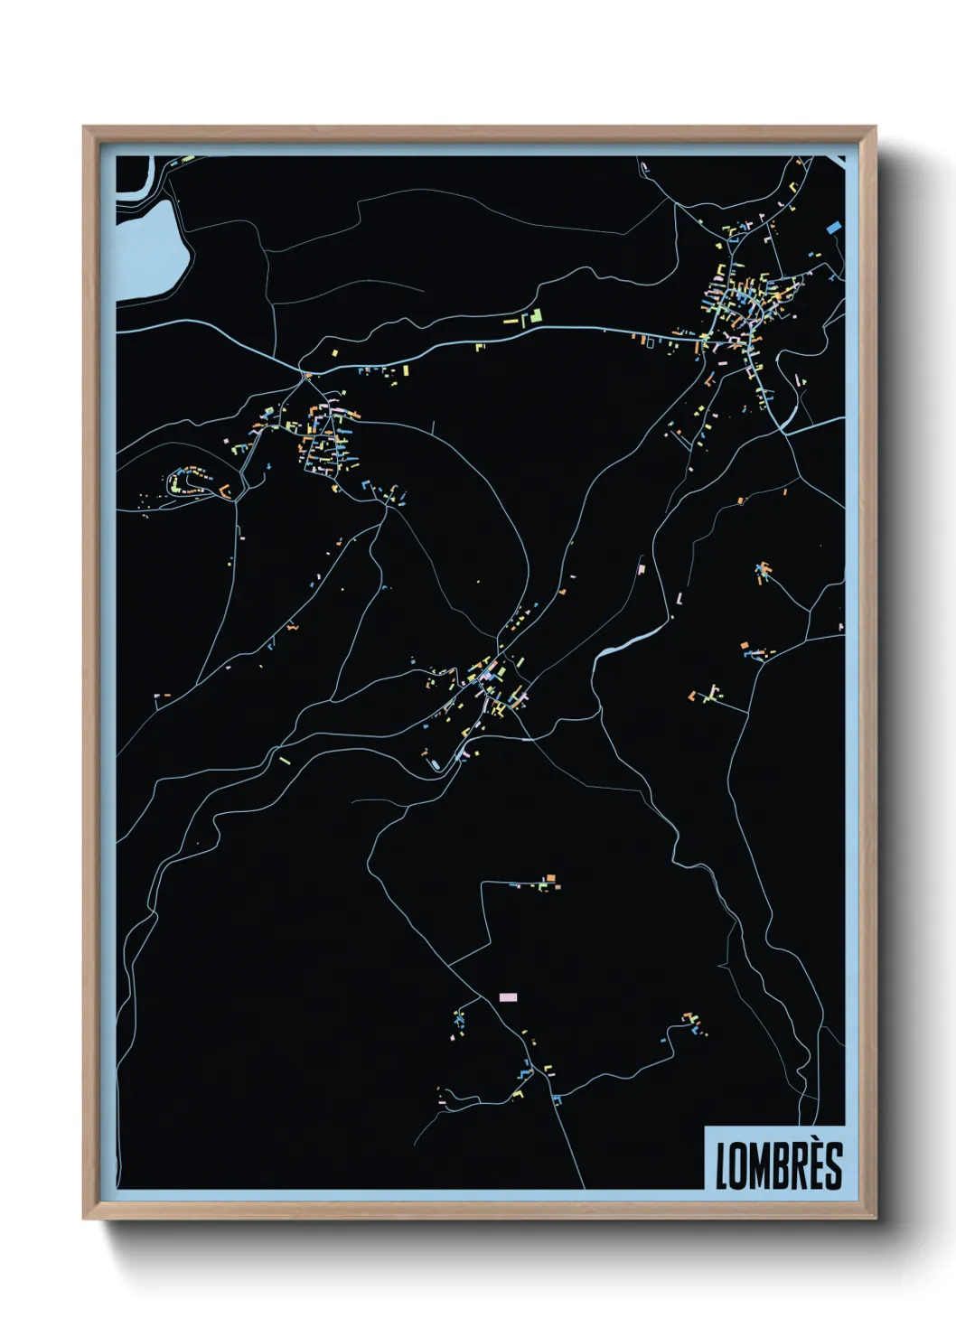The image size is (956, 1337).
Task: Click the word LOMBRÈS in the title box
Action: pyautogui.click(x=779, y=1166)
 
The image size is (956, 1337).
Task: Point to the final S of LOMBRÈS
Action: pyautogui.click(x=834, y=1167)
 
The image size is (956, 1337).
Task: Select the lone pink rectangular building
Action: pyautogui.click(x=508, y=997)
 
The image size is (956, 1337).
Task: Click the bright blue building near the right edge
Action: pyautogui.click(x=833, y=228)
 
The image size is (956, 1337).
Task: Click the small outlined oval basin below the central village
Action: pyautogui.click(x=435, y=766)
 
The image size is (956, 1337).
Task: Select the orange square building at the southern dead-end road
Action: pyautogui.click(x=549, y=877)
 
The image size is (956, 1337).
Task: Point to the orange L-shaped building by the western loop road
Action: pyautogui.click(x=224, y=491)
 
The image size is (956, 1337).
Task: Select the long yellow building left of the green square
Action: pyautogui.click(x=511, y=321)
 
